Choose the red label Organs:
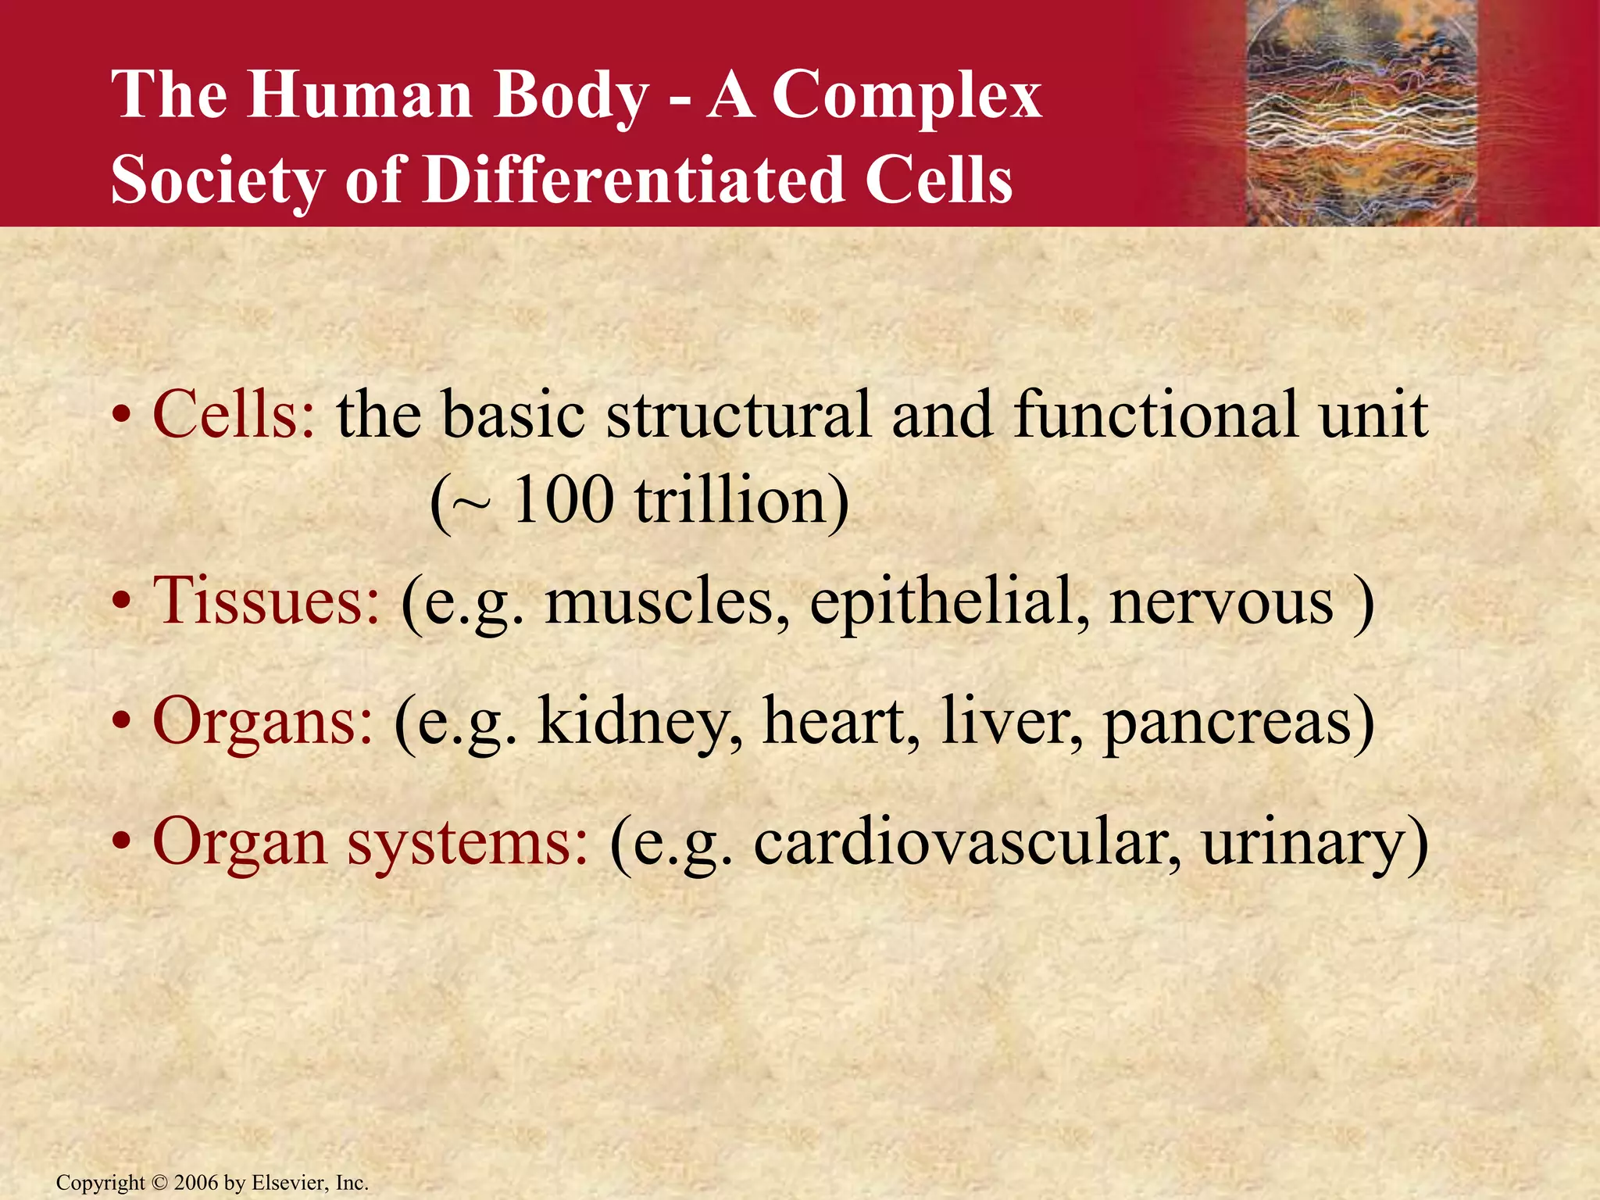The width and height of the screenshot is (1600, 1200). pyautogui.click(x=262, y=721)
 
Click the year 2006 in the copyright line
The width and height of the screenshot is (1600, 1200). pyautogui.click(x=197, y=1183)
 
